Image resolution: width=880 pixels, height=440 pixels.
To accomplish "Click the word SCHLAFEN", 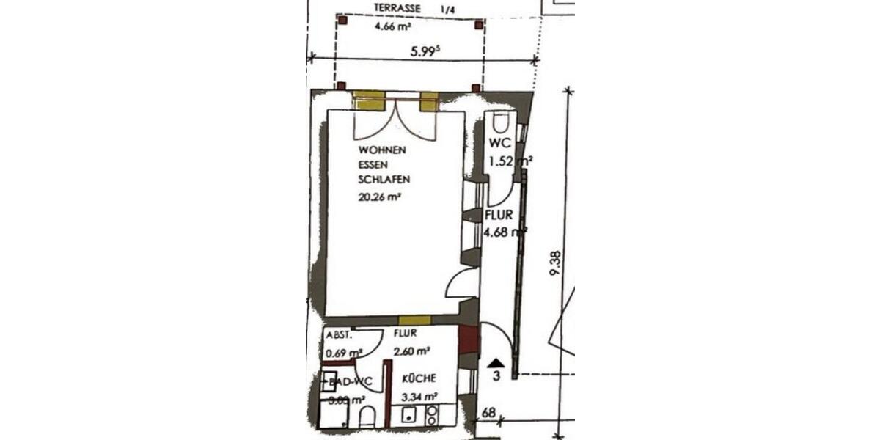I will click(x=384, y=179).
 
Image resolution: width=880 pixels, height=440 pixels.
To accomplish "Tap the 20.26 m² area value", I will click(x=379, y=197).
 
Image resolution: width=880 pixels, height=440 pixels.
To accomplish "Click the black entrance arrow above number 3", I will click(x=496, y=362).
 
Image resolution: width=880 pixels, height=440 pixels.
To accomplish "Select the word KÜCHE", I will click(x=419, y=378).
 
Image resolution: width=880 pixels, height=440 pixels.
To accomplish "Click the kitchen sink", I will click(x=408, y=416).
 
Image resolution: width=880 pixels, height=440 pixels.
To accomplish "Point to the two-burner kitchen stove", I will click(x=431, y=416).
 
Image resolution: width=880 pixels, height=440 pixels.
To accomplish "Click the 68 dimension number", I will click(x=488, y=413).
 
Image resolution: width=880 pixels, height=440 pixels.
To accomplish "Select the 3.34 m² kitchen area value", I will click(x=418, y=397).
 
